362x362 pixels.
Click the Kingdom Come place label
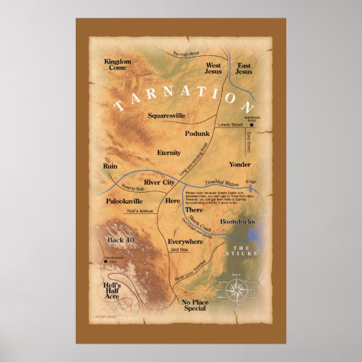(x=117, y=66)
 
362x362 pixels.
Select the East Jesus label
(x=244, y=68)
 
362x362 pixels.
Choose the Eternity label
(x=168, y=152)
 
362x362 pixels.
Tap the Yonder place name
(x=240, y=165)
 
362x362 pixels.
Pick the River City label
(x=161, y=183)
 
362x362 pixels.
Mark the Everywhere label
(x=184, y=242)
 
